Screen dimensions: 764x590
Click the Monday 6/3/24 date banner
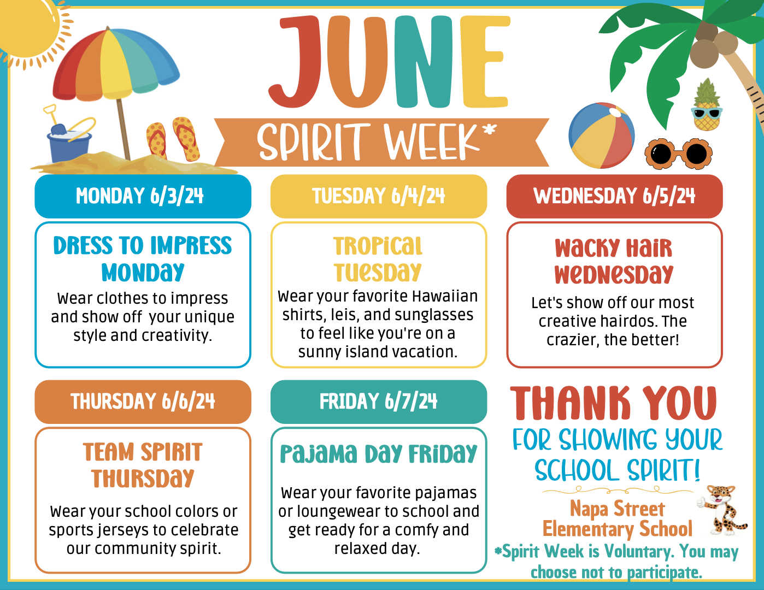click(x=143, y=196)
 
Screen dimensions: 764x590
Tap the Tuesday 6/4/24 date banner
click(x=379, y=196)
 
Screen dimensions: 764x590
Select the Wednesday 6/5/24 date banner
click(x=615, y=196)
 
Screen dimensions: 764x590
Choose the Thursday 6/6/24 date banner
click(x=143, y=402)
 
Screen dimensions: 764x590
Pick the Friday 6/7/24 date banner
click(x=379, y=402)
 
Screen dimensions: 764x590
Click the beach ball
click(x=602, y=135)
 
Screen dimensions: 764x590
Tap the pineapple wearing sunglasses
click(x=706, y=105)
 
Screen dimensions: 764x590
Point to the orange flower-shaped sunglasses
click(x=679, y=154)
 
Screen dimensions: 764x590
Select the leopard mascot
click(x=722, y=510)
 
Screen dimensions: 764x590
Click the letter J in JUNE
click(x=295, y=62)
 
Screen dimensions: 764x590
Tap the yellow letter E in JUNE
click(x=485, y=62)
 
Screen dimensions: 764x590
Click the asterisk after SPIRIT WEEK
click(x=490, y=129)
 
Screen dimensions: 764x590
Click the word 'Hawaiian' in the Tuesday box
click(x=445, y=296)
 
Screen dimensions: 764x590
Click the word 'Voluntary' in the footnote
click(x=638, y=551)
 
